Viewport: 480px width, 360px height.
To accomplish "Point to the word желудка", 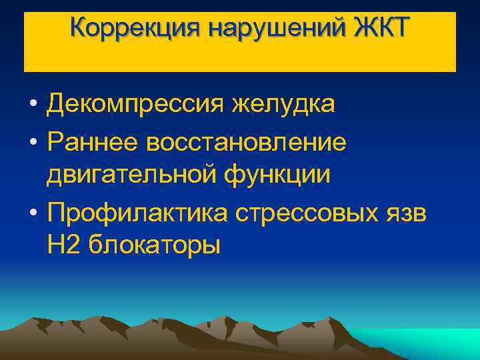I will click(x=283, y=105).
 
